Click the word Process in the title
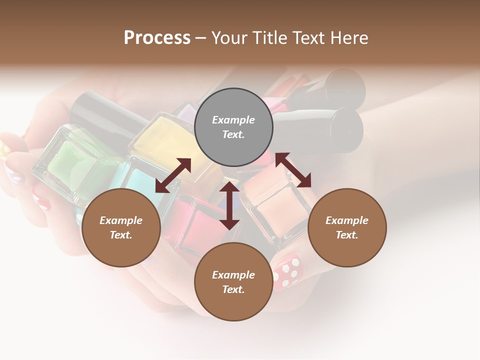157,38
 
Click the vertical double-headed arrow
229,205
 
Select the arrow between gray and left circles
173,175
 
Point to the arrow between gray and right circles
293,170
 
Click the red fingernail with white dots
288,272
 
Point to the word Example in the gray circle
233,120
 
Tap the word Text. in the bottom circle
233,289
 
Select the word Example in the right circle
347,220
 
